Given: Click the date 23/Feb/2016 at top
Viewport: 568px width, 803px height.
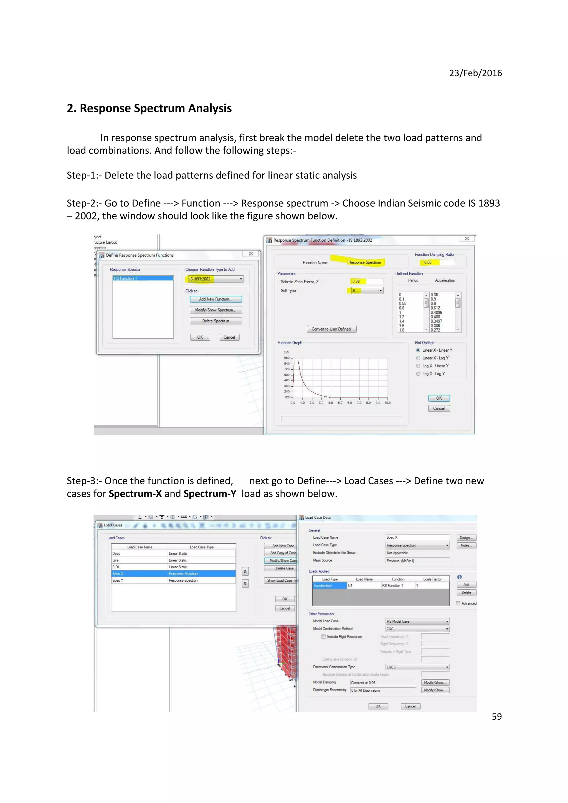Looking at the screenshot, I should [475, 73].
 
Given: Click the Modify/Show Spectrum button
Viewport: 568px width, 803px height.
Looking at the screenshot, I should [215, 310].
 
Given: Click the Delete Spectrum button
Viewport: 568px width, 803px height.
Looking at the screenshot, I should [215, 321].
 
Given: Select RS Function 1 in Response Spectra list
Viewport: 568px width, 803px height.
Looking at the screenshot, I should [143, 278].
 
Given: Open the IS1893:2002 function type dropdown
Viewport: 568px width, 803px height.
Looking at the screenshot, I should [241, 279].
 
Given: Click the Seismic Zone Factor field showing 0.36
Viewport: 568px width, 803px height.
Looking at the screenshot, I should [366, 281].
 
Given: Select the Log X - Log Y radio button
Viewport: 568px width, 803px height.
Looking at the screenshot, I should [418, 374].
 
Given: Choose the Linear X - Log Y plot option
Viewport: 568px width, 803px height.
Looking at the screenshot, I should [418, 358].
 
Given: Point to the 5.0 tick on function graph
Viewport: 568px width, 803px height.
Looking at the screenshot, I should [340, 403].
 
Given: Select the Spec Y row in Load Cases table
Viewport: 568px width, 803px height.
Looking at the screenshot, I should [173, 580].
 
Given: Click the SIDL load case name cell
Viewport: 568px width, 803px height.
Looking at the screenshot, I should [139, 567].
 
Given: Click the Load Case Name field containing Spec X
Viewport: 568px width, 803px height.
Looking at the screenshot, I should [417, 537].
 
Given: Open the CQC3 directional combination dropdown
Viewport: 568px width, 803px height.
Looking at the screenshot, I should [447, 667].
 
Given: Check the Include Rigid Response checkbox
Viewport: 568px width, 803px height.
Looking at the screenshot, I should [323, 636].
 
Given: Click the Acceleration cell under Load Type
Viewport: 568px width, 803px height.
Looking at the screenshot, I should [329, 585].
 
